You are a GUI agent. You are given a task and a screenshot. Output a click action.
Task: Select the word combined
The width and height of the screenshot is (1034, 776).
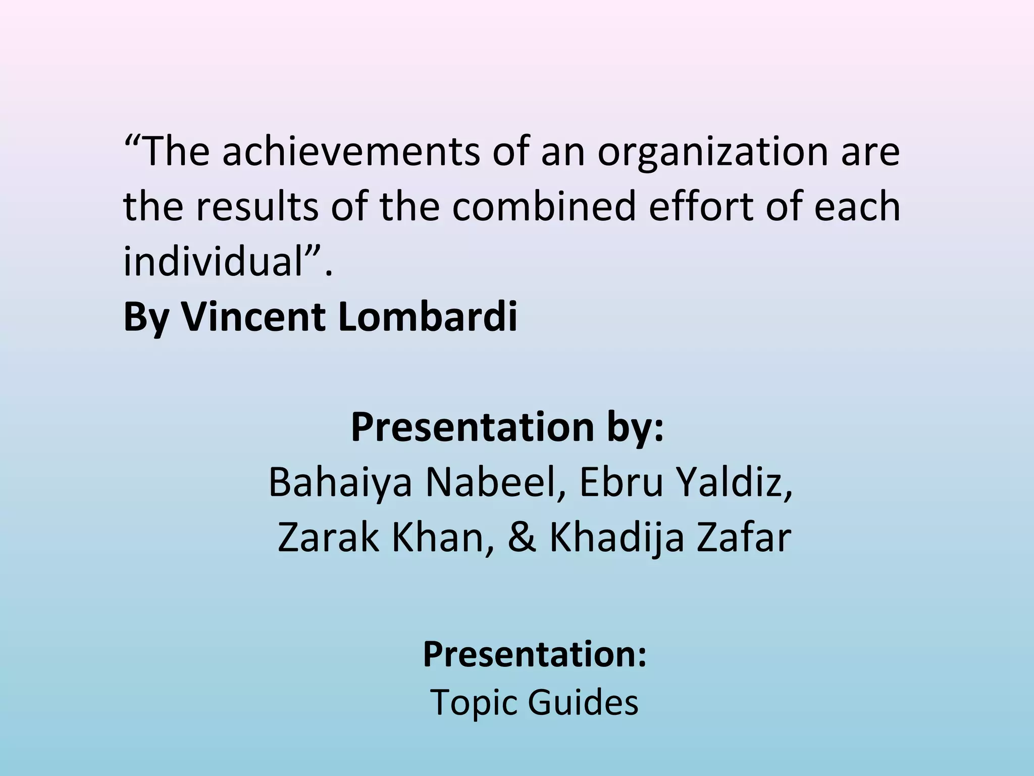pyautogui.click(x=543, y=207)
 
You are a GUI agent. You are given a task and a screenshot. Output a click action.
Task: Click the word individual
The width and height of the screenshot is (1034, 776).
pyautogui.click(x=213, y=261)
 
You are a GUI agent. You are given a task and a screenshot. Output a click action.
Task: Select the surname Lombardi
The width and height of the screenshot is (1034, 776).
pyautogui.click(x=428, y=317)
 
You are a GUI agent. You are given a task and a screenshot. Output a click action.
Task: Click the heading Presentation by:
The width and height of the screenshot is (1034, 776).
pyautogui.click(x=507, y=427)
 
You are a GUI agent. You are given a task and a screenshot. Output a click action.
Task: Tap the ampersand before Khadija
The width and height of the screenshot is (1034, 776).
pyautogui.click(x=522, y=538)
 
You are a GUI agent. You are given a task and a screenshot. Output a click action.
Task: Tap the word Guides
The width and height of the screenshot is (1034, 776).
pyautogui.click(x=583, y=702)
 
